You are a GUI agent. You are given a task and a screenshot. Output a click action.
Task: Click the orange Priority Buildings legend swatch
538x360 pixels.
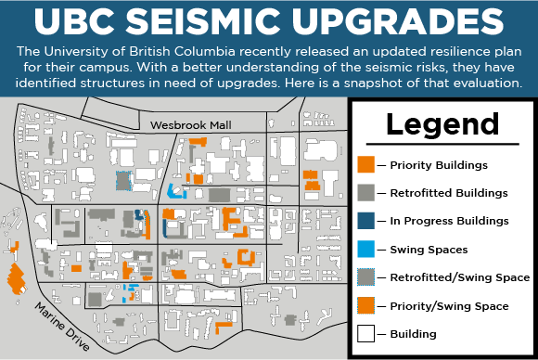pos(365,164)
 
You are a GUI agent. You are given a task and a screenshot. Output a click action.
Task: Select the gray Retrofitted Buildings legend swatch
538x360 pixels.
pos(365,193)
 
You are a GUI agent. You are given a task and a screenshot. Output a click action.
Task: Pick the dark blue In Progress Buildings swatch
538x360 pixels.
pos(365,221)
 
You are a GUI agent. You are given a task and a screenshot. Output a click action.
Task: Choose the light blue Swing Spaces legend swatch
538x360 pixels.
pos(365,249)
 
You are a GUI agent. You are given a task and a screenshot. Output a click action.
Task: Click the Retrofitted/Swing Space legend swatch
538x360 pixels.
pos(365,277)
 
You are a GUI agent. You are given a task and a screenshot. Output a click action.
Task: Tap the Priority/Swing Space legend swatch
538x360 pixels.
pos(365,305)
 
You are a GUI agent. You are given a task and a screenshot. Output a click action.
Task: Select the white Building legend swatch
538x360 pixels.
pos(365,334)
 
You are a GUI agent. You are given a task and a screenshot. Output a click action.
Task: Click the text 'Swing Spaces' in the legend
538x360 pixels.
pos(429,250)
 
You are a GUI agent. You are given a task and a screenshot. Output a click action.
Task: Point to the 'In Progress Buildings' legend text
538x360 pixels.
pos(449,221)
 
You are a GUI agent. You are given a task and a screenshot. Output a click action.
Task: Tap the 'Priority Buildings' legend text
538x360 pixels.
pos(439,165)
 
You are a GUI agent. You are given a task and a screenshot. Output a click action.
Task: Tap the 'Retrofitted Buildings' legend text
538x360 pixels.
pos(448,193)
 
